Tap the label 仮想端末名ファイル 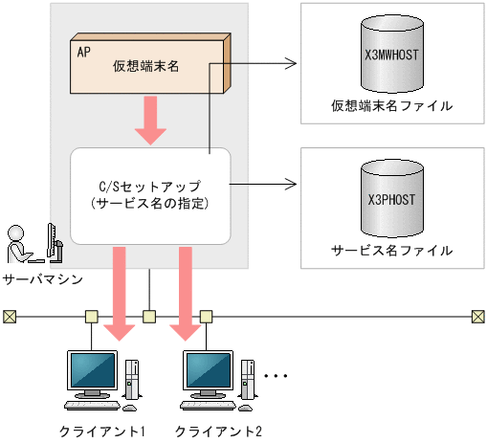391,105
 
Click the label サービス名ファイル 391,251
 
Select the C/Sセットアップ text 150,186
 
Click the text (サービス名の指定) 150,203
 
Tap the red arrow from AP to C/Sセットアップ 150,121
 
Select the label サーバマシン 41,280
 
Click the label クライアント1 101,430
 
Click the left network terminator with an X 10,316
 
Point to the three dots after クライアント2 276,376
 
